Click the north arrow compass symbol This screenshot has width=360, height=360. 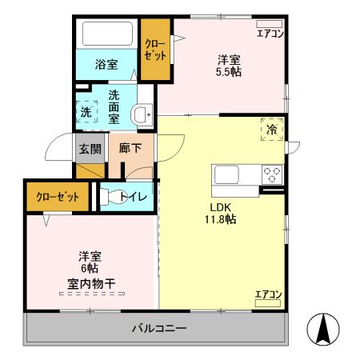pos(324,329)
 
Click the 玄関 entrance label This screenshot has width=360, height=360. pos(90,149)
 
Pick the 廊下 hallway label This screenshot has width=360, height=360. pos(130,149)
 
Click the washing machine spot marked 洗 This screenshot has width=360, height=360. pos(86,112)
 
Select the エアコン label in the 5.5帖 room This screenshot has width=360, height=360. pos(269,33)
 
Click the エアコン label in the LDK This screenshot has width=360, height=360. pos(268,294)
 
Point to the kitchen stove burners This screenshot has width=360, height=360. pos(272,174)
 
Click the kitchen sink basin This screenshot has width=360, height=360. pos(224,174)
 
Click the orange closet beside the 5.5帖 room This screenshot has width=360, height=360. pos(155,50)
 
